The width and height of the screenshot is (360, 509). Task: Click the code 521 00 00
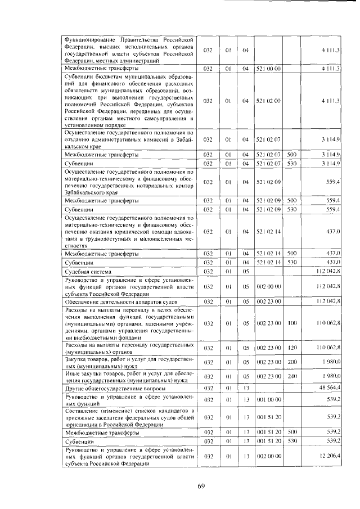268,69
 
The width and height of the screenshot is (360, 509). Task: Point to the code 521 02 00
268,100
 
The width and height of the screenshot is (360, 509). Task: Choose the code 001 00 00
268,399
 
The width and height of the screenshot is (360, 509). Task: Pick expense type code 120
291,349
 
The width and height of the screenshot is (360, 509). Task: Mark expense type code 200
291,362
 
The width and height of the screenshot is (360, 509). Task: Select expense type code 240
291,376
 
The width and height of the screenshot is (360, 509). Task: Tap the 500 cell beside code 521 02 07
291,154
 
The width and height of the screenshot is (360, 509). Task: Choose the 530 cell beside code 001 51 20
291,442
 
